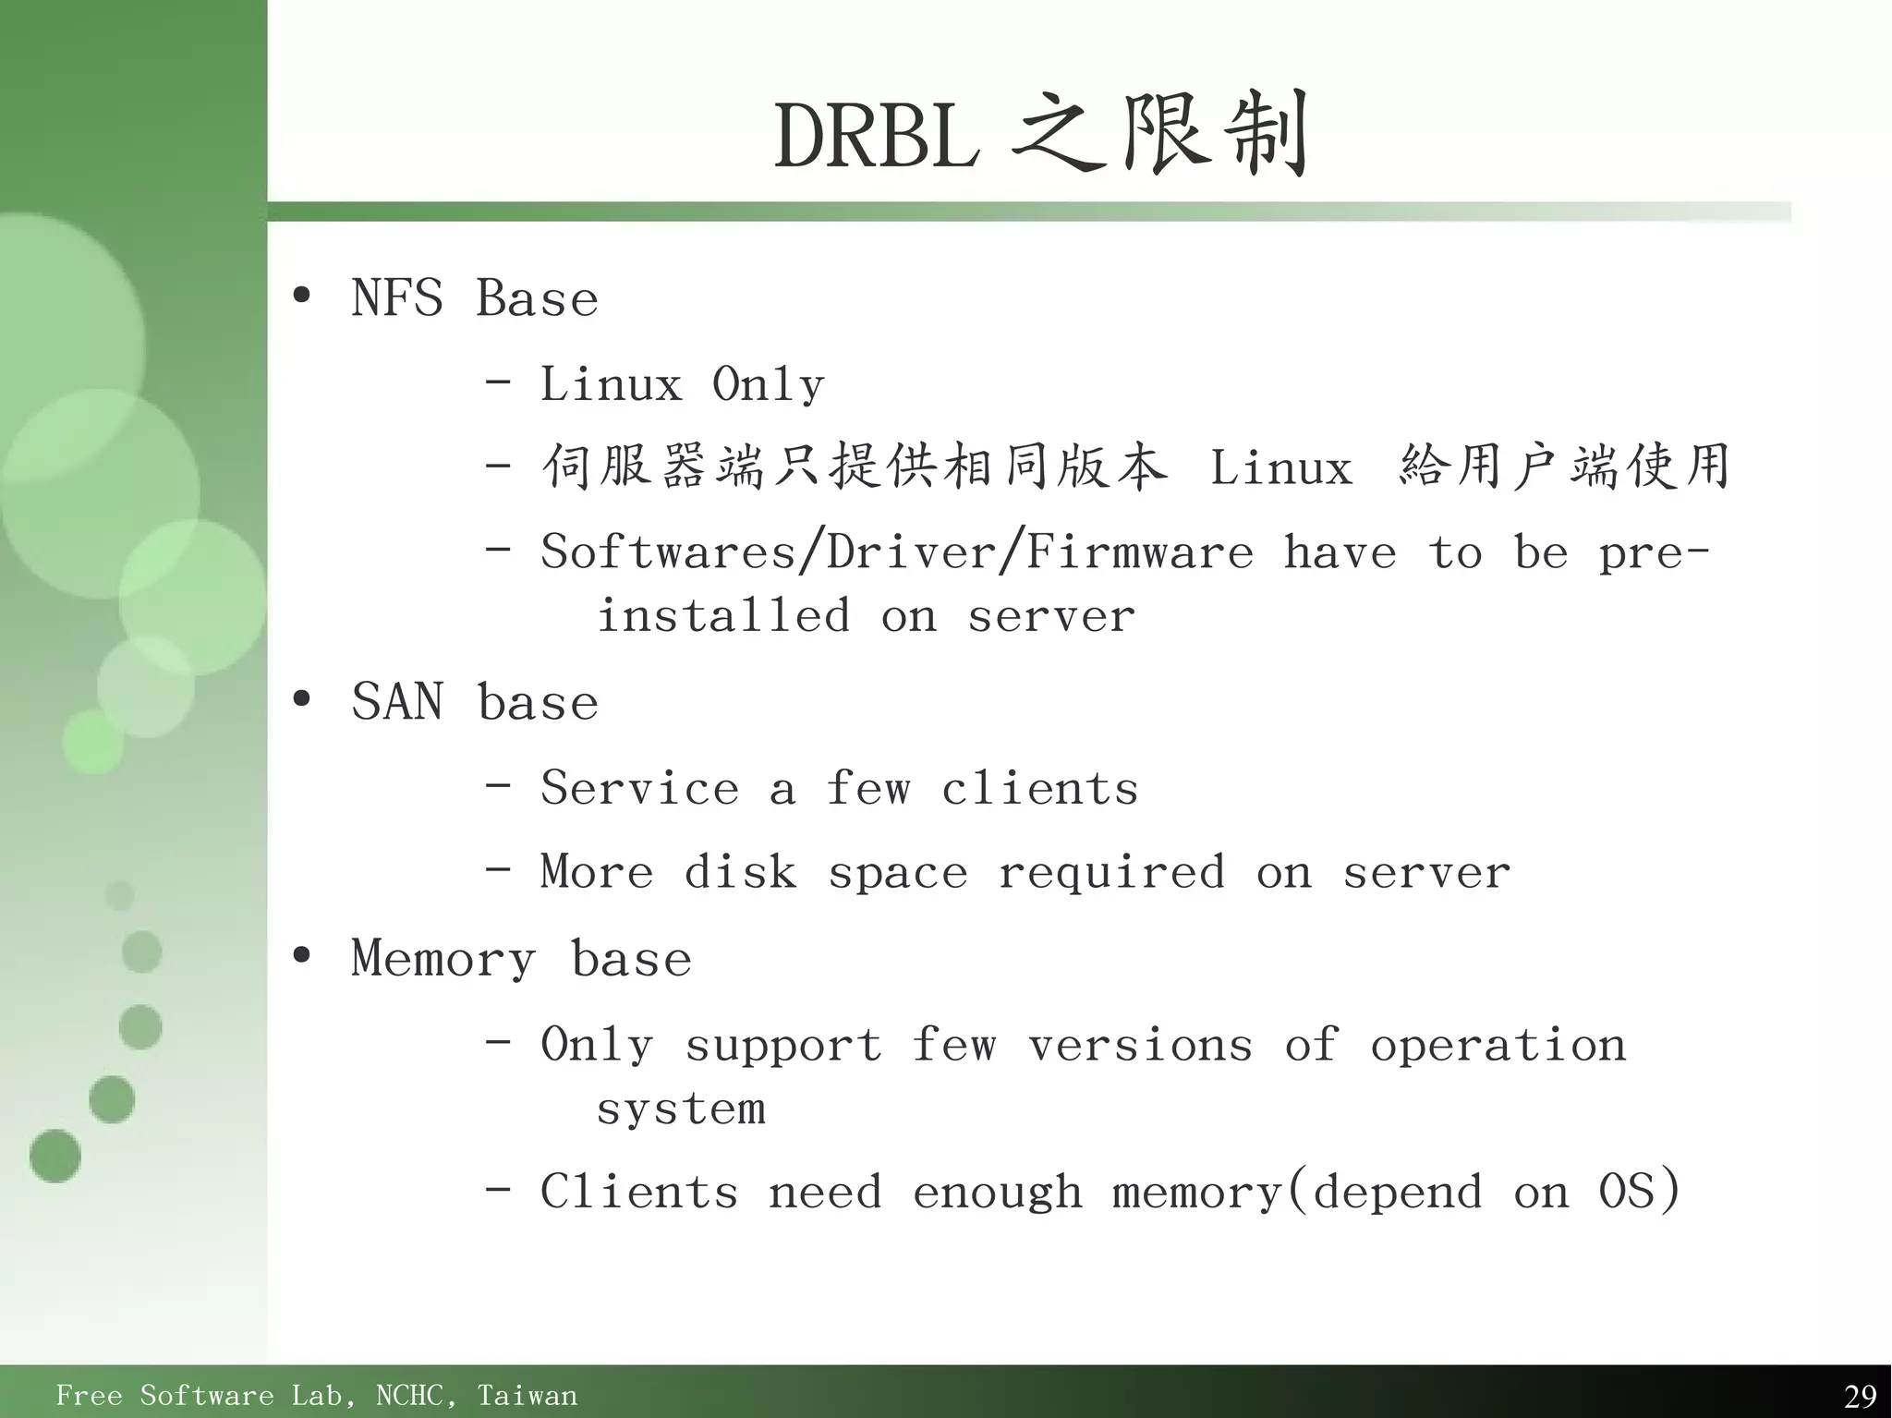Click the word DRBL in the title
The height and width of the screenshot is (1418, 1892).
[x=876, y=137]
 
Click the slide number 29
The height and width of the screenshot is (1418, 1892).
[x=1859, y=1395]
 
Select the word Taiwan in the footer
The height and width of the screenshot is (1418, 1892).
[x=527, y=1395]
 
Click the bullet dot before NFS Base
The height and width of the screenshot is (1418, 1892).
[x=301, y=297]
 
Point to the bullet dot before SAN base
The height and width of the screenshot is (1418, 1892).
[x=301, y=700]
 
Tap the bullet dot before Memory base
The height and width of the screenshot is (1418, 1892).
[x=301, y=956]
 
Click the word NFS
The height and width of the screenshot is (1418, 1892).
[x=397, y=299]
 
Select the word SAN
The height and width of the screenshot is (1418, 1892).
[x=397, y=702]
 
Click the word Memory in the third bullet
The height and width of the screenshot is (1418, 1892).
[x=443, y=959]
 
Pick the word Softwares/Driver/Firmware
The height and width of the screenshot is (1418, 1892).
[x=897, y=552]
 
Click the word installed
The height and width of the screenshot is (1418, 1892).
[x=723, y=616]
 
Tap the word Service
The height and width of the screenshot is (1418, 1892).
[x=639, y=789]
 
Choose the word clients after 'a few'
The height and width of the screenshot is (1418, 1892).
[x=1039, y=789]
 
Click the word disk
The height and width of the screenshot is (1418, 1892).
[x=740, y=872]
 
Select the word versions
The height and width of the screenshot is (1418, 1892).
[x=1140, y=1046]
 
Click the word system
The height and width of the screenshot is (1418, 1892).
[x=681, y=1109]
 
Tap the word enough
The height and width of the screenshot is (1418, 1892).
[x=997, y=1193]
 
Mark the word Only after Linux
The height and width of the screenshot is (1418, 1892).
[x=768, y=385]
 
